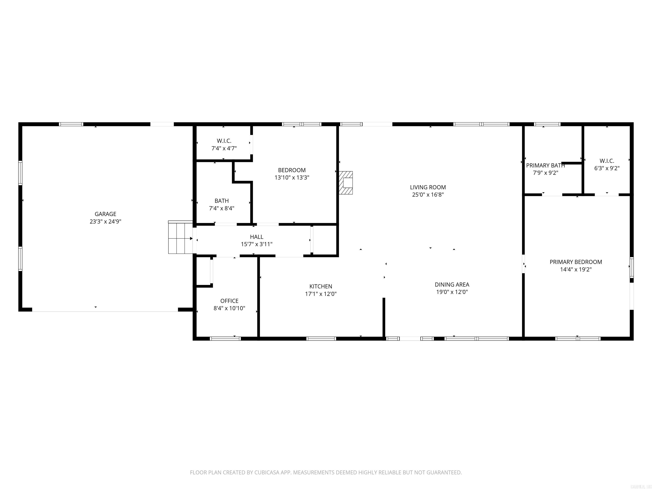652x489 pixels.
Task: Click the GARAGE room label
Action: pos(105,214)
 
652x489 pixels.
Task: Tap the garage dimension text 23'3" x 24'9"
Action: pos(105,222)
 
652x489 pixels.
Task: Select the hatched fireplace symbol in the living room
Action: pos(346,183)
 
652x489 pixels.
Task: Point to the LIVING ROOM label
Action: pos(428,187)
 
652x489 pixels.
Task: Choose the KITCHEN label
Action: pos(321,286)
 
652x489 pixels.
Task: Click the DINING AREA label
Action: pos(452,284)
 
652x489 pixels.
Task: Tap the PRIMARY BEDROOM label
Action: pos(576,262)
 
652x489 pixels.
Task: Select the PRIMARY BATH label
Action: pos(545,165)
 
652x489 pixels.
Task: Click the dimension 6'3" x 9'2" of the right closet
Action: pos(607,168)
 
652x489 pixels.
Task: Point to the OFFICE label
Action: pos(229,301)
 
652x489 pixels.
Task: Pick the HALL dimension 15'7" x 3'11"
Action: pos(256,244)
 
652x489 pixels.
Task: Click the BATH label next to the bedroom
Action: pos(221,201)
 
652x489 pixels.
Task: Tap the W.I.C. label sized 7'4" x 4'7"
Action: pos(224,141)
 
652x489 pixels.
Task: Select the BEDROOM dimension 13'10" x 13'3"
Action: pos(292,177)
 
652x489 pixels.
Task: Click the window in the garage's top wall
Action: pos(71,124)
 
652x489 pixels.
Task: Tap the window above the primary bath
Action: pos(547,124)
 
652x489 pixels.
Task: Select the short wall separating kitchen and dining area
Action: pos(384,317)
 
